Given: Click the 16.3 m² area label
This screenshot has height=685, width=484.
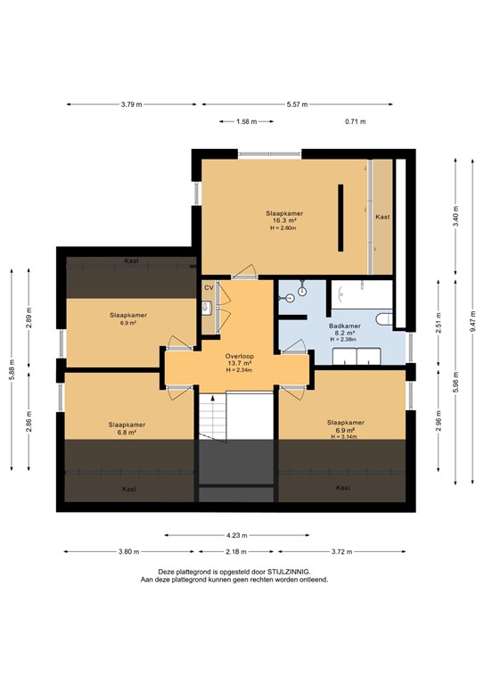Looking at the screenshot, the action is [x=284, y=220].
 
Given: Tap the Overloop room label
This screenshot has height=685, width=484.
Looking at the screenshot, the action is [x=240, y=356].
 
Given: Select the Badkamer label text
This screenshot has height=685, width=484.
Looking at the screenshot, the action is [x=345, y=326].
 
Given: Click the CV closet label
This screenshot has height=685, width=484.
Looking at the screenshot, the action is [x=209, y=288].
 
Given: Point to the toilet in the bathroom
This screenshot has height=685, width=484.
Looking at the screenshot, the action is [x=385, y=318].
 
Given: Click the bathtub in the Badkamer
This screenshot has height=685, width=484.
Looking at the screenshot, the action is [x=362, y=294].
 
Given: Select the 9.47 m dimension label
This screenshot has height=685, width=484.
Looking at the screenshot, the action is [x=472, y=321].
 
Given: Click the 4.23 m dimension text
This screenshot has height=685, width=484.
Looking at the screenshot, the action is [x=237, y=535].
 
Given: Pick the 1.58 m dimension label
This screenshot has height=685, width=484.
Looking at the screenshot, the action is [x=247, y=121].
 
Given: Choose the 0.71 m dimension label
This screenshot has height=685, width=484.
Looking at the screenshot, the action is [x=356, y=121].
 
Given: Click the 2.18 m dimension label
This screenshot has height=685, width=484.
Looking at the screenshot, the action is [x=236, y=552].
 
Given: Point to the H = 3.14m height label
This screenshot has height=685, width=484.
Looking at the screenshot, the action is [x=344, y=436].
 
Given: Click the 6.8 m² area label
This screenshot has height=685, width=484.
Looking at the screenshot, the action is [x=127, y=432].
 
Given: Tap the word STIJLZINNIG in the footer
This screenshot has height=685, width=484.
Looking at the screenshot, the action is [x=289, y=572].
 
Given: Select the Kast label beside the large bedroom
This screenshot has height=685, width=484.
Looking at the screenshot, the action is [x=382, y=217].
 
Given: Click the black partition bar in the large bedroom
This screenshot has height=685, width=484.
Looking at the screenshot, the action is [x=340, y=218].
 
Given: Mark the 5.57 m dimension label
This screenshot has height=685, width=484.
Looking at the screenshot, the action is [x=297, y=104].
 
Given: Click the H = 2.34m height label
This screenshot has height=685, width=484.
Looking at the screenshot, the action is [x=239, y=370].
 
